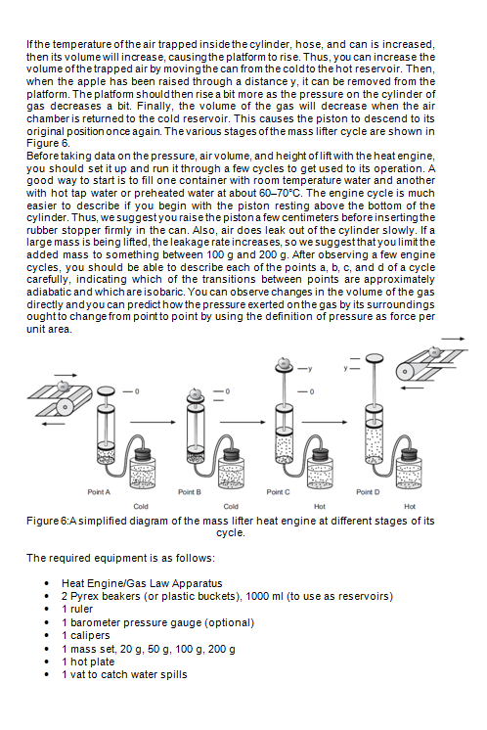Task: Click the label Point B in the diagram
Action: pos(190,490)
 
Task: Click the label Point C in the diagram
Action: pos(279,490)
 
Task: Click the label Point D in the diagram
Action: pos(369,490)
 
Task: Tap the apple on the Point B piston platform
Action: pos(195,390)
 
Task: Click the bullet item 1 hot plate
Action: pos(91,662)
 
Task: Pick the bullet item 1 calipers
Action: pos(89,635)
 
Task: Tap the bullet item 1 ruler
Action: pos(82,609)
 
